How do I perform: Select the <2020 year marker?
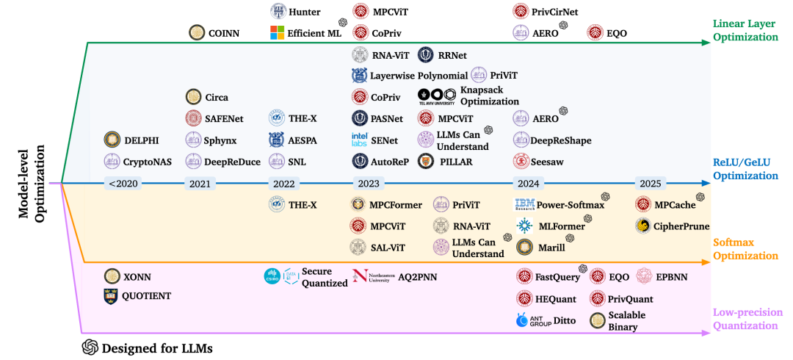[123, 184]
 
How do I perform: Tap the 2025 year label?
[651, 184]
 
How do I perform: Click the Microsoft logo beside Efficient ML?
[277, 33]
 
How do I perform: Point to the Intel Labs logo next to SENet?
[358, 140]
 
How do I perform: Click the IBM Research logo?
[524, 205]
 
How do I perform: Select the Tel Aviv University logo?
[438, 96]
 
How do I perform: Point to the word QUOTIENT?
[147, 295]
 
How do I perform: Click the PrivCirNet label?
[558, 10]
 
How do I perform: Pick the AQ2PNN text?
[418, 277]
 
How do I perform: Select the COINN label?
[223, 33]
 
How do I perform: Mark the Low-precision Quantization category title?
[745, 318]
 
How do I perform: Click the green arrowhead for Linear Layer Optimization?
[706, 43]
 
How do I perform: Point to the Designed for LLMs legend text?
[156, 348]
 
